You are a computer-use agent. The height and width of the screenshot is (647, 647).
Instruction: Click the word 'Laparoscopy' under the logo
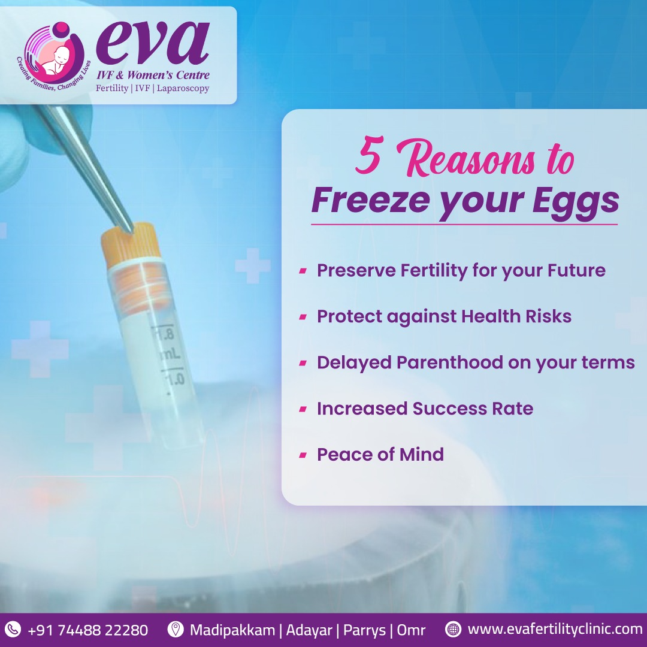point(183,88)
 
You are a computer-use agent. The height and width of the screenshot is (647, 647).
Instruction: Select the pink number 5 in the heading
point(368,156)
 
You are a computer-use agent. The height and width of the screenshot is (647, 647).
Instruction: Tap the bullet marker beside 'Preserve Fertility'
point(303,271)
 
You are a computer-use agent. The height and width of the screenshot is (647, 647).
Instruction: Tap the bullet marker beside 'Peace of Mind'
point(303,455)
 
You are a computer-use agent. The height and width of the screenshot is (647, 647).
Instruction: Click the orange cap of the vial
point(130,243)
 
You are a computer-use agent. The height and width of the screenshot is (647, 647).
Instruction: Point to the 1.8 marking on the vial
point(164,332)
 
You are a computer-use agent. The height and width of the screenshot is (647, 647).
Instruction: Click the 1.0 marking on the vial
point(173,378)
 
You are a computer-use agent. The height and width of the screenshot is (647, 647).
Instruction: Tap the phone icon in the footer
point(13,630)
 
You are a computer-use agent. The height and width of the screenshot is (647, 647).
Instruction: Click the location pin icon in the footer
point(176,630)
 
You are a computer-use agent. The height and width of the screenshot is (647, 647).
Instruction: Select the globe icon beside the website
point(453,630)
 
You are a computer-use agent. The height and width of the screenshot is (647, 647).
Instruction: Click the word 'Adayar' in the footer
point(309,630)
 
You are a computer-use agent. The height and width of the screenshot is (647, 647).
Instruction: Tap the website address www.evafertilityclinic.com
point(555,630)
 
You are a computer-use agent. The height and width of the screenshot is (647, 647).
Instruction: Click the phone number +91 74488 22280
point(88,630)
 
